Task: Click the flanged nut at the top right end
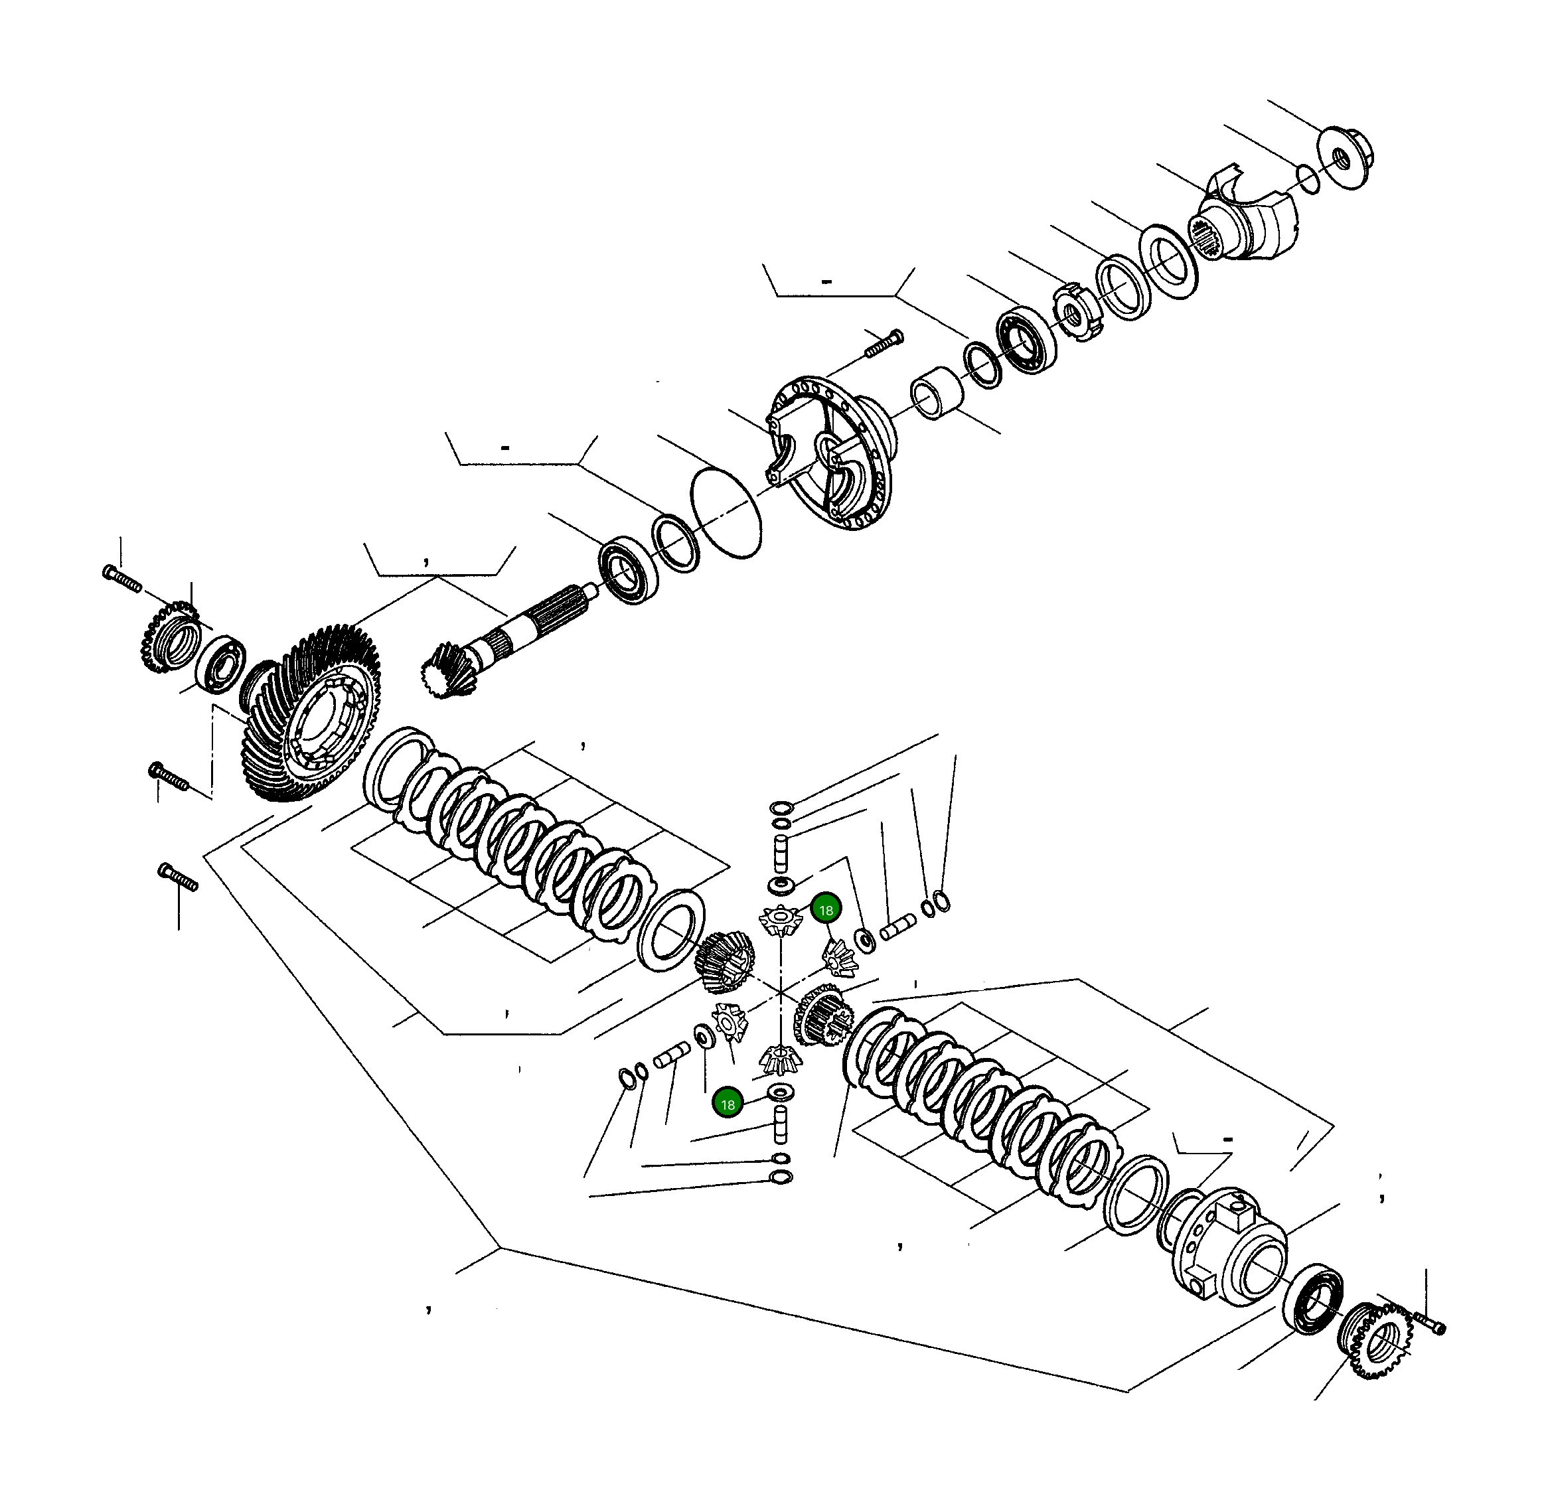pos(1345,158)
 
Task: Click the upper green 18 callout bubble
pos(826,910)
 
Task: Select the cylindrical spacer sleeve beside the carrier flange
pos(938,393)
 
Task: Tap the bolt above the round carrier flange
pos(884,344)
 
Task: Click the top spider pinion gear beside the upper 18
pos(779,921)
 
